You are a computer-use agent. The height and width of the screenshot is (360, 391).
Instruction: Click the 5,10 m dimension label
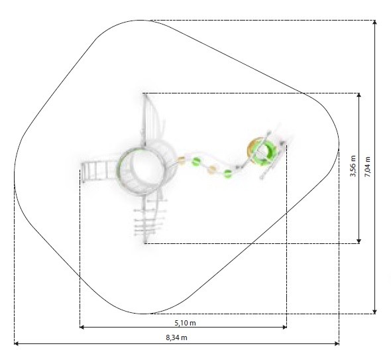(x=185, y=323)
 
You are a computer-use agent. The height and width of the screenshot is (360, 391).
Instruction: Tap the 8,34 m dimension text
(x=176, y=337)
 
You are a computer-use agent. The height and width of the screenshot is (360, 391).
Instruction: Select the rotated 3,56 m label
(x=353, y=166)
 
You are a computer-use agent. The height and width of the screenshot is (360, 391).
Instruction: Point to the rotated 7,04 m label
(x=368, y=167)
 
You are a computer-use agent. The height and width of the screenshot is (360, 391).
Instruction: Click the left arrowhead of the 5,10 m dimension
(x=82, y=327)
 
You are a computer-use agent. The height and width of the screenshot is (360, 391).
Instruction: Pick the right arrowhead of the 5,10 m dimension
(x=285, y=327)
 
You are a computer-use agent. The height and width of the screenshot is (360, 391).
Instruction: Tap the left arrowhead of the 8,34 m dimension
(x=16, y=343)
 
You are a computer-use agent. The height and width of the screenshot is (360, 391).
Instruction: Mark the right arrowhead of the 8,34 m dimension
(x=337, y=343)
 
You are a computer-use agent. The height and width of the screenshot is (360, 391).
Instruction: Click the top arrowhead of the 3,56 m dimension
(x=359, y=95)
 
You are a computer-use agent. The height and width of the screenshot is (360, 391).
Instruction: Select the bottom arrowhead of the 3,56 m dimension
(x=359, y=241)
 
